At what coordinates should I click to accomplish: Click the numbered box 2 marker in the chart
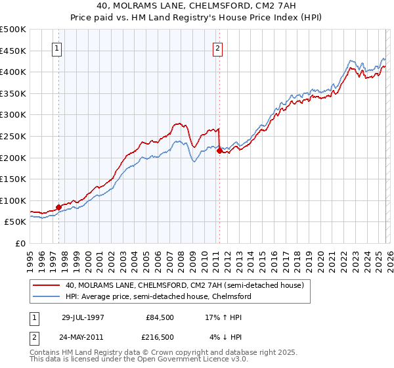point(217,47)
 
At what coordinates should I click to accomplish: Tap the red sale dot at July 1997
point(59,207)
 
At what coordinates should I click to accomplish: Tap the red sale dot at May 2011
point(219,150)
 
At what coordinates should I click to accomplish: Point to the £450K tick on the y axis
point(13,51)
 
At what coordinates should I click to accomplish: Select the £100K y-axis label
point(13,200)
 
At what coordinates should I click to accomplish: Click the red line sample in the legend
point(47,286)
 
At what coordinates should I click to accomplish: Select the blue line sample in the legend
point(47,297)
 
